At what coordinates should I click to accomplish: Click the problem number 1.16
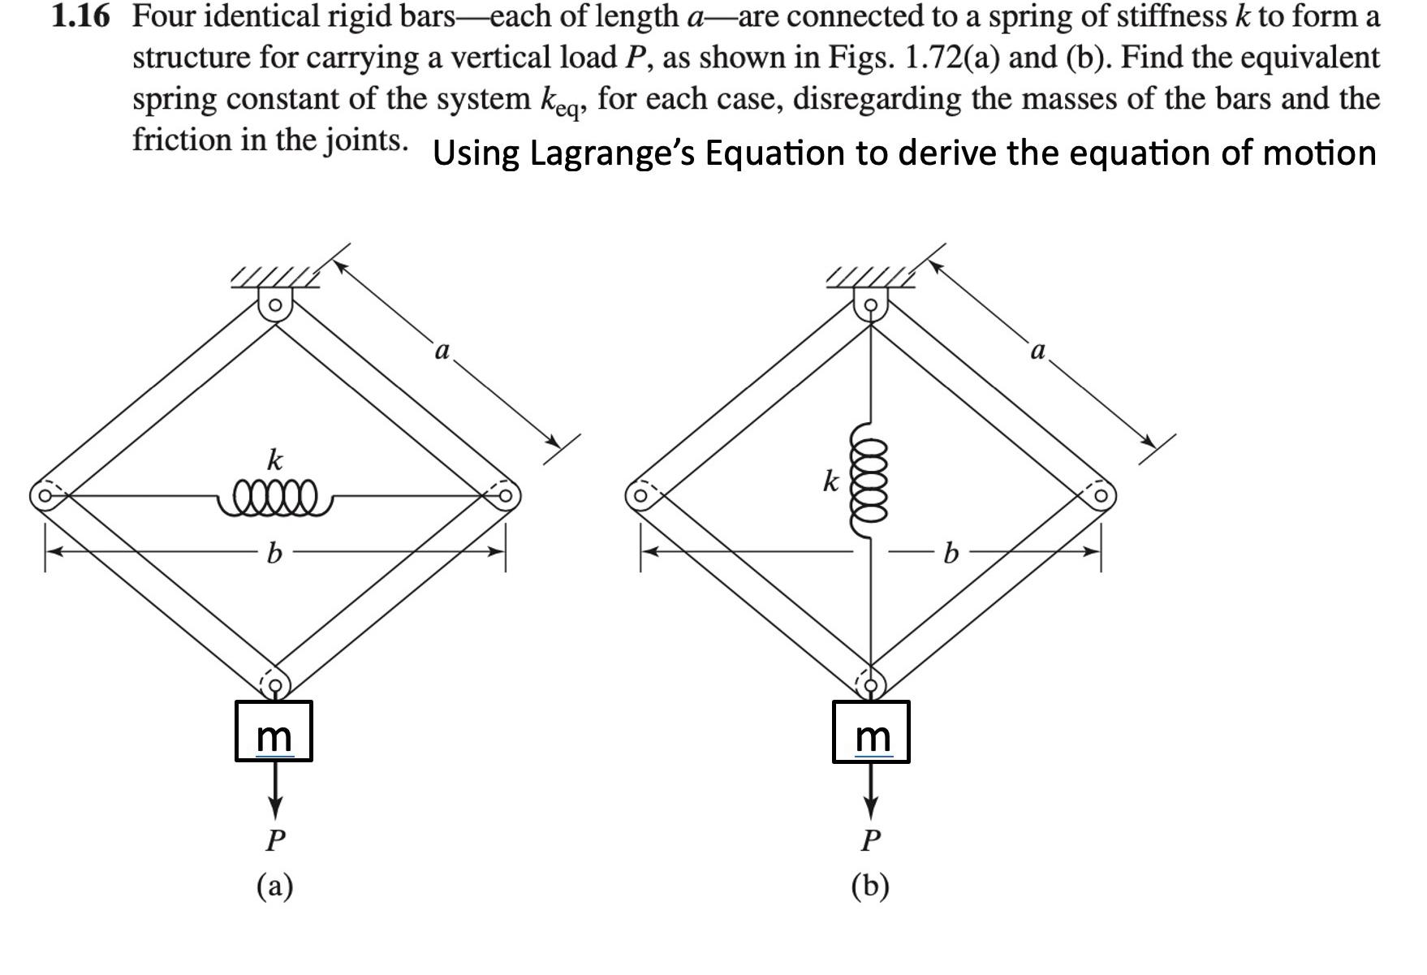tap(80, 16)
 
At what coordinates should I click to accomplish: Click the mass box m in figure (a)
tap(274, 731)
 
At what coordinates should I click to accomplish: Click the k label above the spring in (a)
tap(275, 459)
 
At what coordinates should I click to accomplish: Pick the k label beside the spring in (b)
tap(830, 481)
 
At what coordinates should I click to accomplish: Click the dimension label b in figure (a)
tap(274, 554)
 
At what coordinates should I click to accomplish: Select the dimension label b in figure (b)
tap(951, 554)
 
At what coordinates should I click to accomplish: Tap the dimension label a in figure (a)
tap(442, 351)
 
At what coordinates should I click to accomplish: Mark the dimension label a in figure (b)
tap(1037, 351)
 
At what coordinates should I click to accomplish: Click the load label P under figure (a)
tap(275, 839)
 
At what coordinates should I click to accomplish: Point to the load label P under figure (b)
tap(870, 839)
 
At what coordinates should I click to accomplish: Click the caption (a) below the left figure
tap(275, 885)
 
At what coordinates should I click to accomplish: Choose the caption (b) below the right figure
tap(870, 885)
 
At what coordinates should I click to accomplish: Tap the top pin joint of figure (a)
tap(275, 306)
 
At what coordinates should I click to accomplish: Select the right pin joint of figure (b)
tap(1102, 494)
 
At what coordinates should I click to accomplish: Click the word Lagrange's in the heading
tap(610, 153)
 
